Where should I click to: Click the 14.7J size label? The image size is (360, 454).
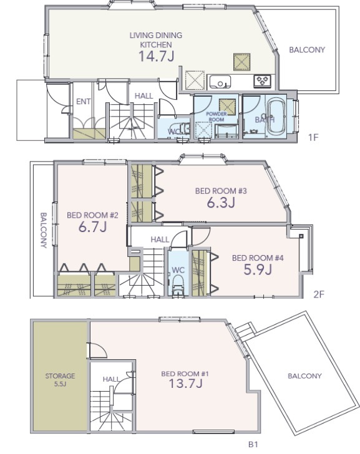(x=157, y=56)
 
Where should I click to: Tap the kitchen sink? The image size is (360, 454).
(x=220, y=82)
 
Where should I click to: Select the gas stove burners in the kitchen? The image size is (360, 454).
(x=263, y=80)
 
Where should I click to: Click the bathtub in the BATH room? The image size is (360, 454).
(x=275, y=117)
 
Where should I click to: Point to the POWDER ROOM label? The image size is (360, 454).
(x=216, y=117)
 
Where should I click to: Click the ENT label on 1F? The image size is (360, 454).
(x=84, y=102)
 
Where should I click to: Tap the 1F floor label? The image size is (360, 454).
(x=313, y=137)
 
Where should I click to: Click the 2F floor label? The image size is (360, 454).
(x=319, y=294)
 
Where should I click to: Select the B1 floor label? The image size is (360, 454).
(x=253, y=444)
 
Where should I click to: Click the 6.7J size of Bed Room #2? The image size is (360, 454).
(x=93, y=227)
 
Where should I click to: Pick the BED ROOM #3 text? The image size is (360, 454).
(x=221, y=191)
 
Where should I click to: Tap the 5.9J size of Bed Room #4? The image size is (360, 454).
(x=258, y=269)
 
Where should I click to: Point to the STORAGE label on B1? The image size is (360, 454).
(x=61, y=376)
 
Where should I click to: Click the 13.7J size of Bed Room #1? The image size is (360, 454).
(x=185, y=384)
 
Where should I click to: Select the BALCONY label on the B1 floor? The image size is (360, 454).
(x=304, y=376)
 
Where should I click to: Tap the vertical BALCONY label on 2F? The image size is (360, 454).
(x=44, y=230)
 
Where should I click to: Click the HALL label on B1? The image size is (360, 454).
(x=111, y=379)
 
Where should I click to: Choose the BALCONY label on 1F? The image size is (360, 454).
(x=307, y=50)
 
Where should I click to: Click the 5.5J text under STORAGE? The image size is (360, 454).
(x=61, y=385)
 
